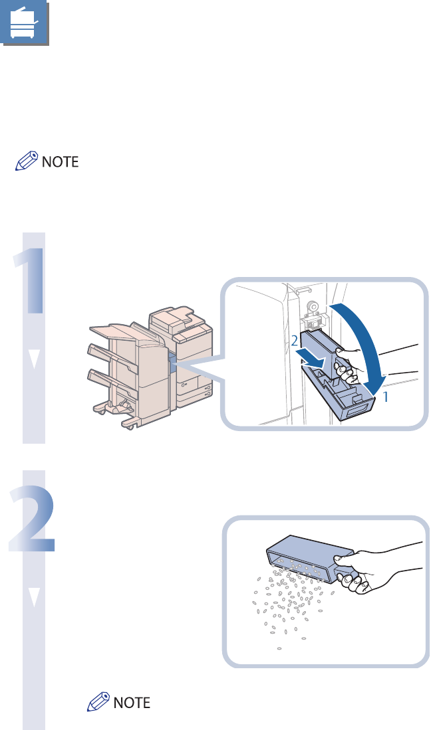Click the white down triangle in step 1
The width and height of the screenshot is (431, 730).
coord(34,359)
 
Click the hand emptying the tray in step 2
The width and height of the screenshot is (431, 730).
coord(372,575)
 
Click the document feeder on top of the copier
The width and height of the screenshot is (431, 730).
coord(176,320)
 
